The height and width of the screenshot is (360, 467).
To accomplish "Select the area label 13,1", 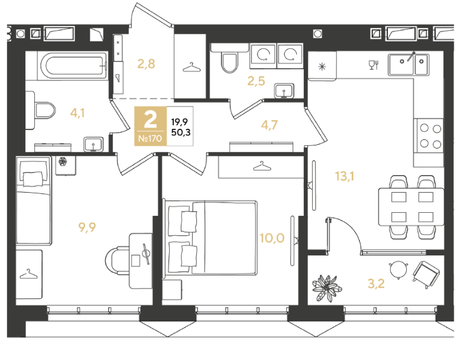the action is pos(345,176).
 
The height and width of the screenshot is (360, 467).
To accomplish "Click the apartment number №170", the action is pos(150,138).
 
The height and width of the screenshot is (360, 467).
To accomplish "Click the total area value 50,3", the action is pos(181,132).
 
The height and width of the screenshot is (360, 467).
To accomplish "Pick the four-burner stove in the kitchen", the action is pos(429,136).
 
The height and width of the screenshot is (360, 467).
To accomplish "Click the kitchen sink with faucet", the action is pos(408,64).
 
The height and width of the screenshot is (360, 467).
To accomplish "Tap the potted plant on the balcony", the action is pos(327,288).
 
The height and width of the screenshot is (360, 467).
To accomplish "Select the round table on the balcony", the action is pos(398,270).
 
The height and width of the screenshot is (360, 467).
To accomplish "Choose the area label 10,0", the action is pos(272,238).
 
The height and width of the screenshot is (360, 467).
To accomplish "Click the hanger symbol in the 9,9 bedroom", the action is pos(29,274).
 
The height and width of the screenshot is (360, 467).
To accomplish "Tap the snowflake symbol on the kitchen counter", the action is pos(322,66).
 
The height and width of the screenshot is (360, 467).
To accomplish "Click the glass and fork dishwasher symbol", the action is pos(374,65).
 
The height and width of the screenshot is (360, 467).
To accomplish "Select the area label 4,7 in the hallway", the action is pos(269,125).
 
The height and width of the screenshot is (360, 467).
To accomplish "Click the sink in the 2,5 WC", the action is pos(284,90).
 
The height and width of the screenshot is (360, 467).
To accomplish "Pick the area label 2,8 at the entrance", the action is pos(146,64).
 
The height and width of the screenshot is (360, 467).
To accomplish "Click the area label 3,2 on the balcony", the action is pos(376,284).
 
